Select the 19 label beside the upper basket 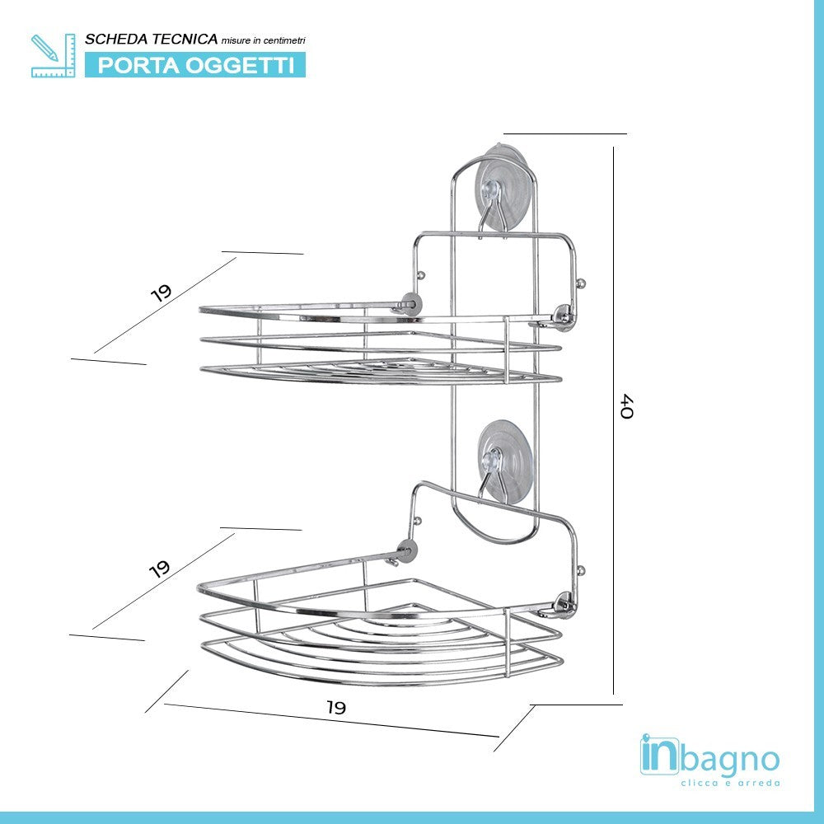[x=162, y=293]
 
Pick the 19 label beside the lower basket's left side [x=159, y=569]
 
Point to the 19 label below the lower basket [x=336, y=707]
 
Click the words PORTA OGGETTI [x=195, y=65]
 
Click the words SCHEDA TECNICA [x=152, y=39]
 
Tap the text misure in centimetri [x=264, y=40]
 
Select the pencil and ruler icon [x=53, y=56]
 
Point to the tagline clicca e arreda [x=730, y=783]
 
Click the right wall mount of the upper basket [x=564, y=316]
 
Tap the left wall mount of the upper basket [x=410, y=304]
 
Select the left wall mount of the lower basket [x=406, y=550]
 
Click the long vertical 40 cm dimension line [x=613, y=420]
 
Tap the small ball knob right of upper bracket [x=581, y=284]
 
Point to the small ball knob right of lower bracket [x=581, y=570]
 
